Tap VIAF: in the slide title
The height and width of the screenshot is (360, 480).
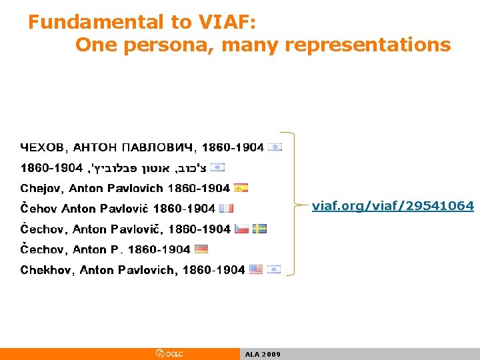225,22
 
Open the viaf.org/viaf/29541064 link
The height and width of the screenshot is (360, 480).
393,206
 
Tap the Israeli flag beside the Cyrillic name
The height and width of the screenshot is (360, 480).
275,147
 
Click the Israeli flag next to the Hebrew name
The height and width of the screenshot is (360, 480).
217,167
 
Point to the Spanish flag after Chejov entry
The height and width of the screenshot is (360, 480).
241,188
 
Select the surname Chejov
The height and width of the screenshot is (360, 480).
41,188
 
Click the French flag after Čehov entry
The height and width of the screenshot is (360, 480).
226,208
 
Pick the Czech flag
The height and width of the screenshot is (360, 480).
241,229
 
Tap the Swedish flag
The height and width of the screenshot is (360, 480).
260,229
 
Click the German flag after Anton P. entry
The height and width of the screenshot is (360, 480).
201,249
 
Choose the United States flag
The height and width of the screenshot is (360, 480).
255,269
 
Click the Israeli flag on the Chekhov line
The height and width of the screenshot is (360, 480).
273,269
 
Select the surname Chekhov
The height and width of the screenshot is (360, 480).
48,270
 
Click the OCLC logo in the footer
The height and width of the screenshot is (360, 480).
169,353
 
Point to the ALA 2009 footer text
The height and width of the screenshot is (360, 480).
263,354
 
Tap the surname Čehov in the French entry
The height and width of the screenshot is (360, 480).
39,209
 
